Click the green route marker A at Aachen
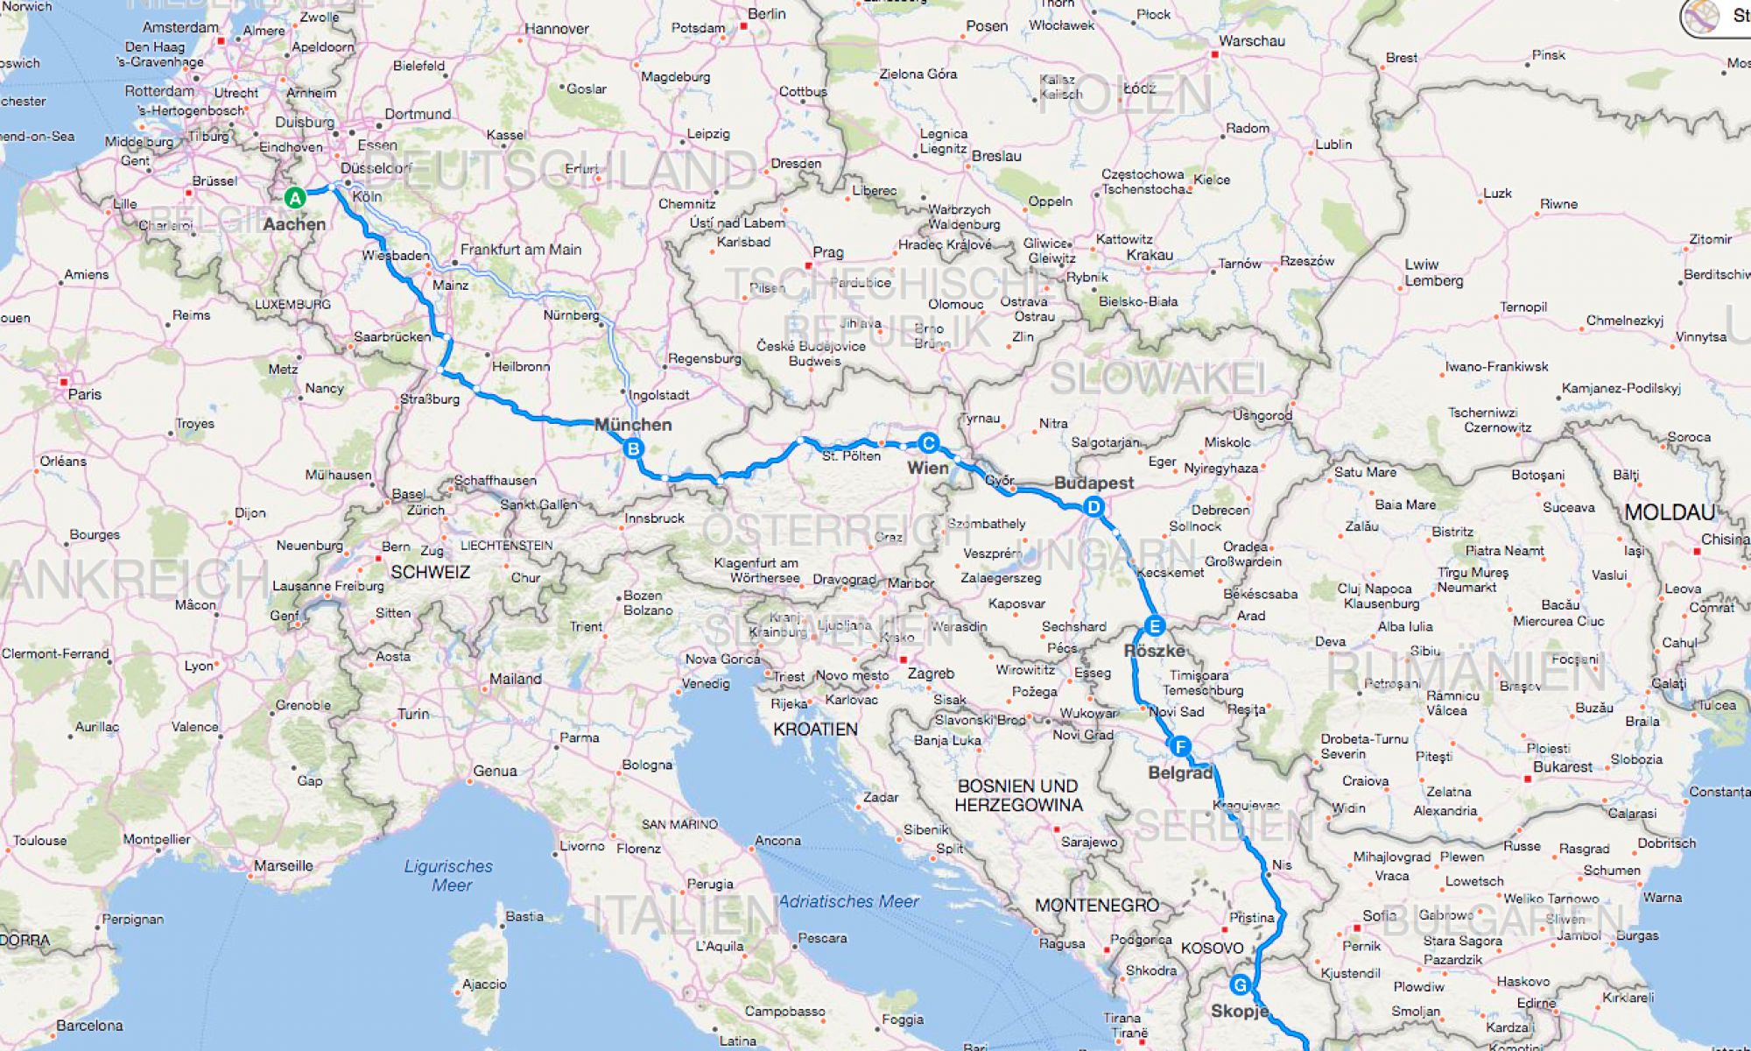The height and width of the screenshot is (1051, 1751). pyautogui.click(x=295, y=198)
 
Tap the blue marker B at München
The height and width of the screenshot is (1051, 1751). pyautogui.click(x=633, y=448)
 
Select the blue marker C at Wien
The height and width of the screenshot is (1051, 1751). pyautogui.click(x=929, y=443)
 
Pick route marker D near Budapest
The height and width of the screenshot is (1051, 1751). pyautogui.click(x=1093, y=507)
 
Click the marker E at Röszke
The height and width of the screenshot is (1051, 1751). pyautogui.click(x=1155, y=626)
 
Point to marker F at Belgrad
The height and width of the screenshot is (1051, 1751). pyautogui.click(x=1180, y=747)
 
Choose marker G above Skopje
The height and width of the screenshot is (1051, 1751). pyautogui.click(x=1240, y=985)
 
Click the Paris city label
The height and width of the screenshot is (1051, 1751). pyautogui.click(x=84, y=394)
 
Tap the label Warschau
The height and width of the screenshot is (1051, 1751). pyautogui.click(x=1252, y=41)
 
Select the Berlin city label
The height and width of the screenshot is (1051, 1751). pyautogui.click(x=767, y=14)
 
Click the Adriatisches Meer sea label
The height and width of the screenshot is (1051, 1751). pyautogui.click(x=848, y=901)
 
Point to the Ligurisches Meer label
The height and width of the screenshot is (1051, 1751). pyautogui.click(x=449, y=875)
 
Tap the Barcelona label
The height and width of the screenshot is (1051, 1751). pyautogui.click(x=89, y=1026)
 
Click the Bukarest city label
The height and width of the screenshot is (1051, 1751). pyautogui.click(x=1562, y=767)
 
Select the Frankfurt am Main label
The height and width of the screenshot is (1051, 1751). pyautogui.click(x=521, y=250)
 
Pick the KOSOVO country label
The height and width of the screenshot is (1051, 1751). pyautogui.click(x=1212, y=948)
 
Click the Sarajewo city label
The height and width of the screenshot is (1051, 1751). pyautogui.click(x=1089, y=842)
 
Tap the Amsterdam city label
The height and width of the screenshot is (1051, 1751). pyautogui.click(x=180, y=27)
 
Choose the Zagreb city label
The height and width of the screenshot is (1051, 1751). pyautogui.click(x=931, y=674)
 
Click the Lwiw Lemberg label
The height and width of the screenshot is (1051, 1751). pyautogui.click(x=1433, y=272)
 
